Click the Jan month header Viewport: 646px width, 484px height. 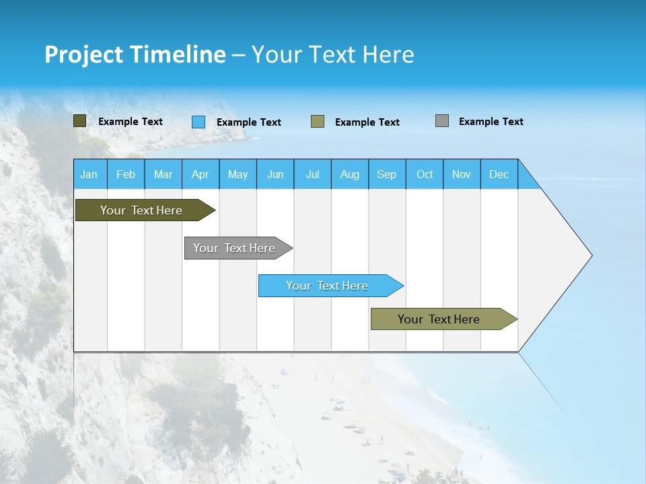(89, 174)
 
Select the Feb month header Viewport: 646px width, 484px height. (126, 174)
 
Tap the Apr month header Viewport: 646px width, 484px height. (201, 174)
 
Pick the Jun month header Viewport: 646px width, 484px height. (275, 174)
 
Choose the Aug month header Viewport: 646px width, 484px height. (350, 174)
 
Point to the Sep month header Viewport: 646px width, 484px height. (387, 174)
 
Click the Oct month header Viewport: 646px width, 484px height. (425, 174)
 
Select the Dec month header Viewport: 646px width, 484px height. (499, 174)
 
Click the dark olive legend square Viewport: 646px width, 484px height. (80, 121)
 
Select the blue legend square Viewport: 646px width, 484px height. (199, 122)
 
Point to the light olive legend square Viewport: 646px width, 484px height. (318, 122)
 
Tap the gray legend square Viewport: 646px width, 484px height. (442, 121)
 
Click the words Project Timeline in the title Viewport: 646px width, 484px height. (135, 54)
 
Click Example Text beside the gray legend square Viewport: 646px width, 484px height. (491, 122)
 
